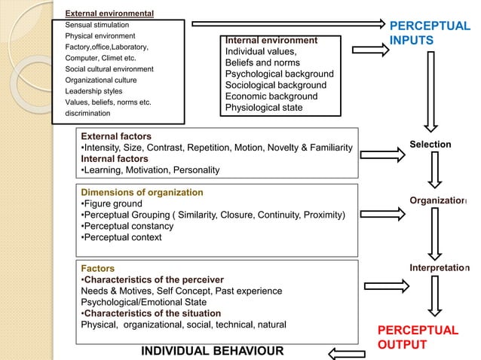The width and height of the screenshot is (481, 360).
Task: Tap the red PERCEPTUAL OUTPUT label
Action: tap(417, 337)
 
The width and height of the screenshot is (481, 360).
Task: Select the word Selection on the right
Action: tap(430, 144)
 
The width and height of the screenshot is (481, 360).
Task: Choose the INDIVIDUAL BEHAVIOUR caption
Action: tap(213, 351)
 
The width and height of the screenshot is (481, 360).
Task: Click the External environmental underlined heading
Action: tap(109, 14)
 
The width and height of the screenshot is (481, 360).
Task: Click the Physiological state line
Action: tap(264, 108)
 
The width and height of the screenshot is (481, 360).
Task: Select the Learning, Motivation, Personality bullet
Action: tap(150, 169)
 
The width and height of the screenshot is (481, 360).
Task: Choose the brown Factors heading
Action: tap(97, 268)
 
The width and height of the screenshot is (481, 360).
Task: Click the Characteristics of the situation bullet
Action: tap(151, 313)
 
